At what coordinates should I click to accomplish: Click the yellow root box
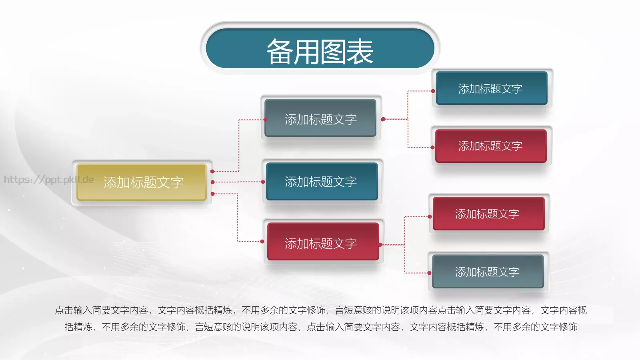click(x=142, y=182)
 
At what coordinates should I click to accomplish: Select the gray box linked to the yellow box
click(x=320, y=119)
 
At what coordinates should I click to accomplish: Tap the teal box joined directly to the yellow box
click(x=322, y=182)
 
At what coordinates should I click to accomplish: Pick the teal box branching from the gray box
click(x=491, y=88)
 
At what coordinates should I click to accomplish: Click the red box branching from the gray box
click(x=490, y=146)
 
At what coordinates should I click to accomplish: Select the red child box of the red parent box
click(x=488, y=214)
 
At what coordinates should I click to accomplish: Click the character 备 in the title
click(x=280, y=52)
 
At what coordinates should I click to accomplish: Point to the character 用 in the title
click(x=307, y=52)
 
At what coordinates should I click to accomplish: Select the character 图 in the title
click(x=333, y=52)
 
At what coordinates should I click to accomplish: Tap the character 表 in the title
click(x=360, y=52)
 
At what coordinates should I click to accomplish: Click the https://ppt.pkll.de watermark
click(x=49, y=180)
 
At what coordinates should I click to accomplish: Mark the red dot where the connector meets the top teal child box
click(x=433, y=91)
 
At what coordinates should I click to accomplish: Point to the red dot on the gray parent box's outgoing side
click(x=383, y=119)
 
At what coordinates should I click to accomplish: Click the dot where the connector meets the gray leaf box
click(x=429, y=273)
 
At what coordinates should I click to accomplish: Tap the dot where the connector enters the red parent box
click(x=262, y=242)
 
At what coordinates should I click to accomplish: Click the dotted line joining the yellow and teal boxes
click(x=238, y=182)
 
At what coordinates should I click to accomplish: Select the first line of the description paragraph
click(x=320, y=310)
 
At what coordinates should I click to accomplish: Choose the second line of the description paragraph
click(x=320, y=327)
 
